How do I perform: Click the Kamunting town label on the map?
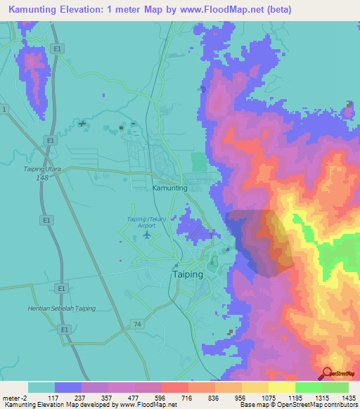point(169,188)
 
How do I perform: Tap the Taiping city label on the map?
point(188,275)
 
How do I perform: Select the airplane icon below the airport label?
point(146,234)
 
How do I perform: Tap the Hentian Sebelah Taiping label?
point(61,309)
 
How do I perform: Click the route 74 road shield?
point(138,323)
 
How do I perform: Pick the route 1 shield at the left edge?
point(4,110)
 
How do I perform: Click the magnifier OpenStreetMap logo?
point(328,374)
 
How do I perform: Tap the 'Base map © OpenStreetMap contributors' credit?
point(298,405)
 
